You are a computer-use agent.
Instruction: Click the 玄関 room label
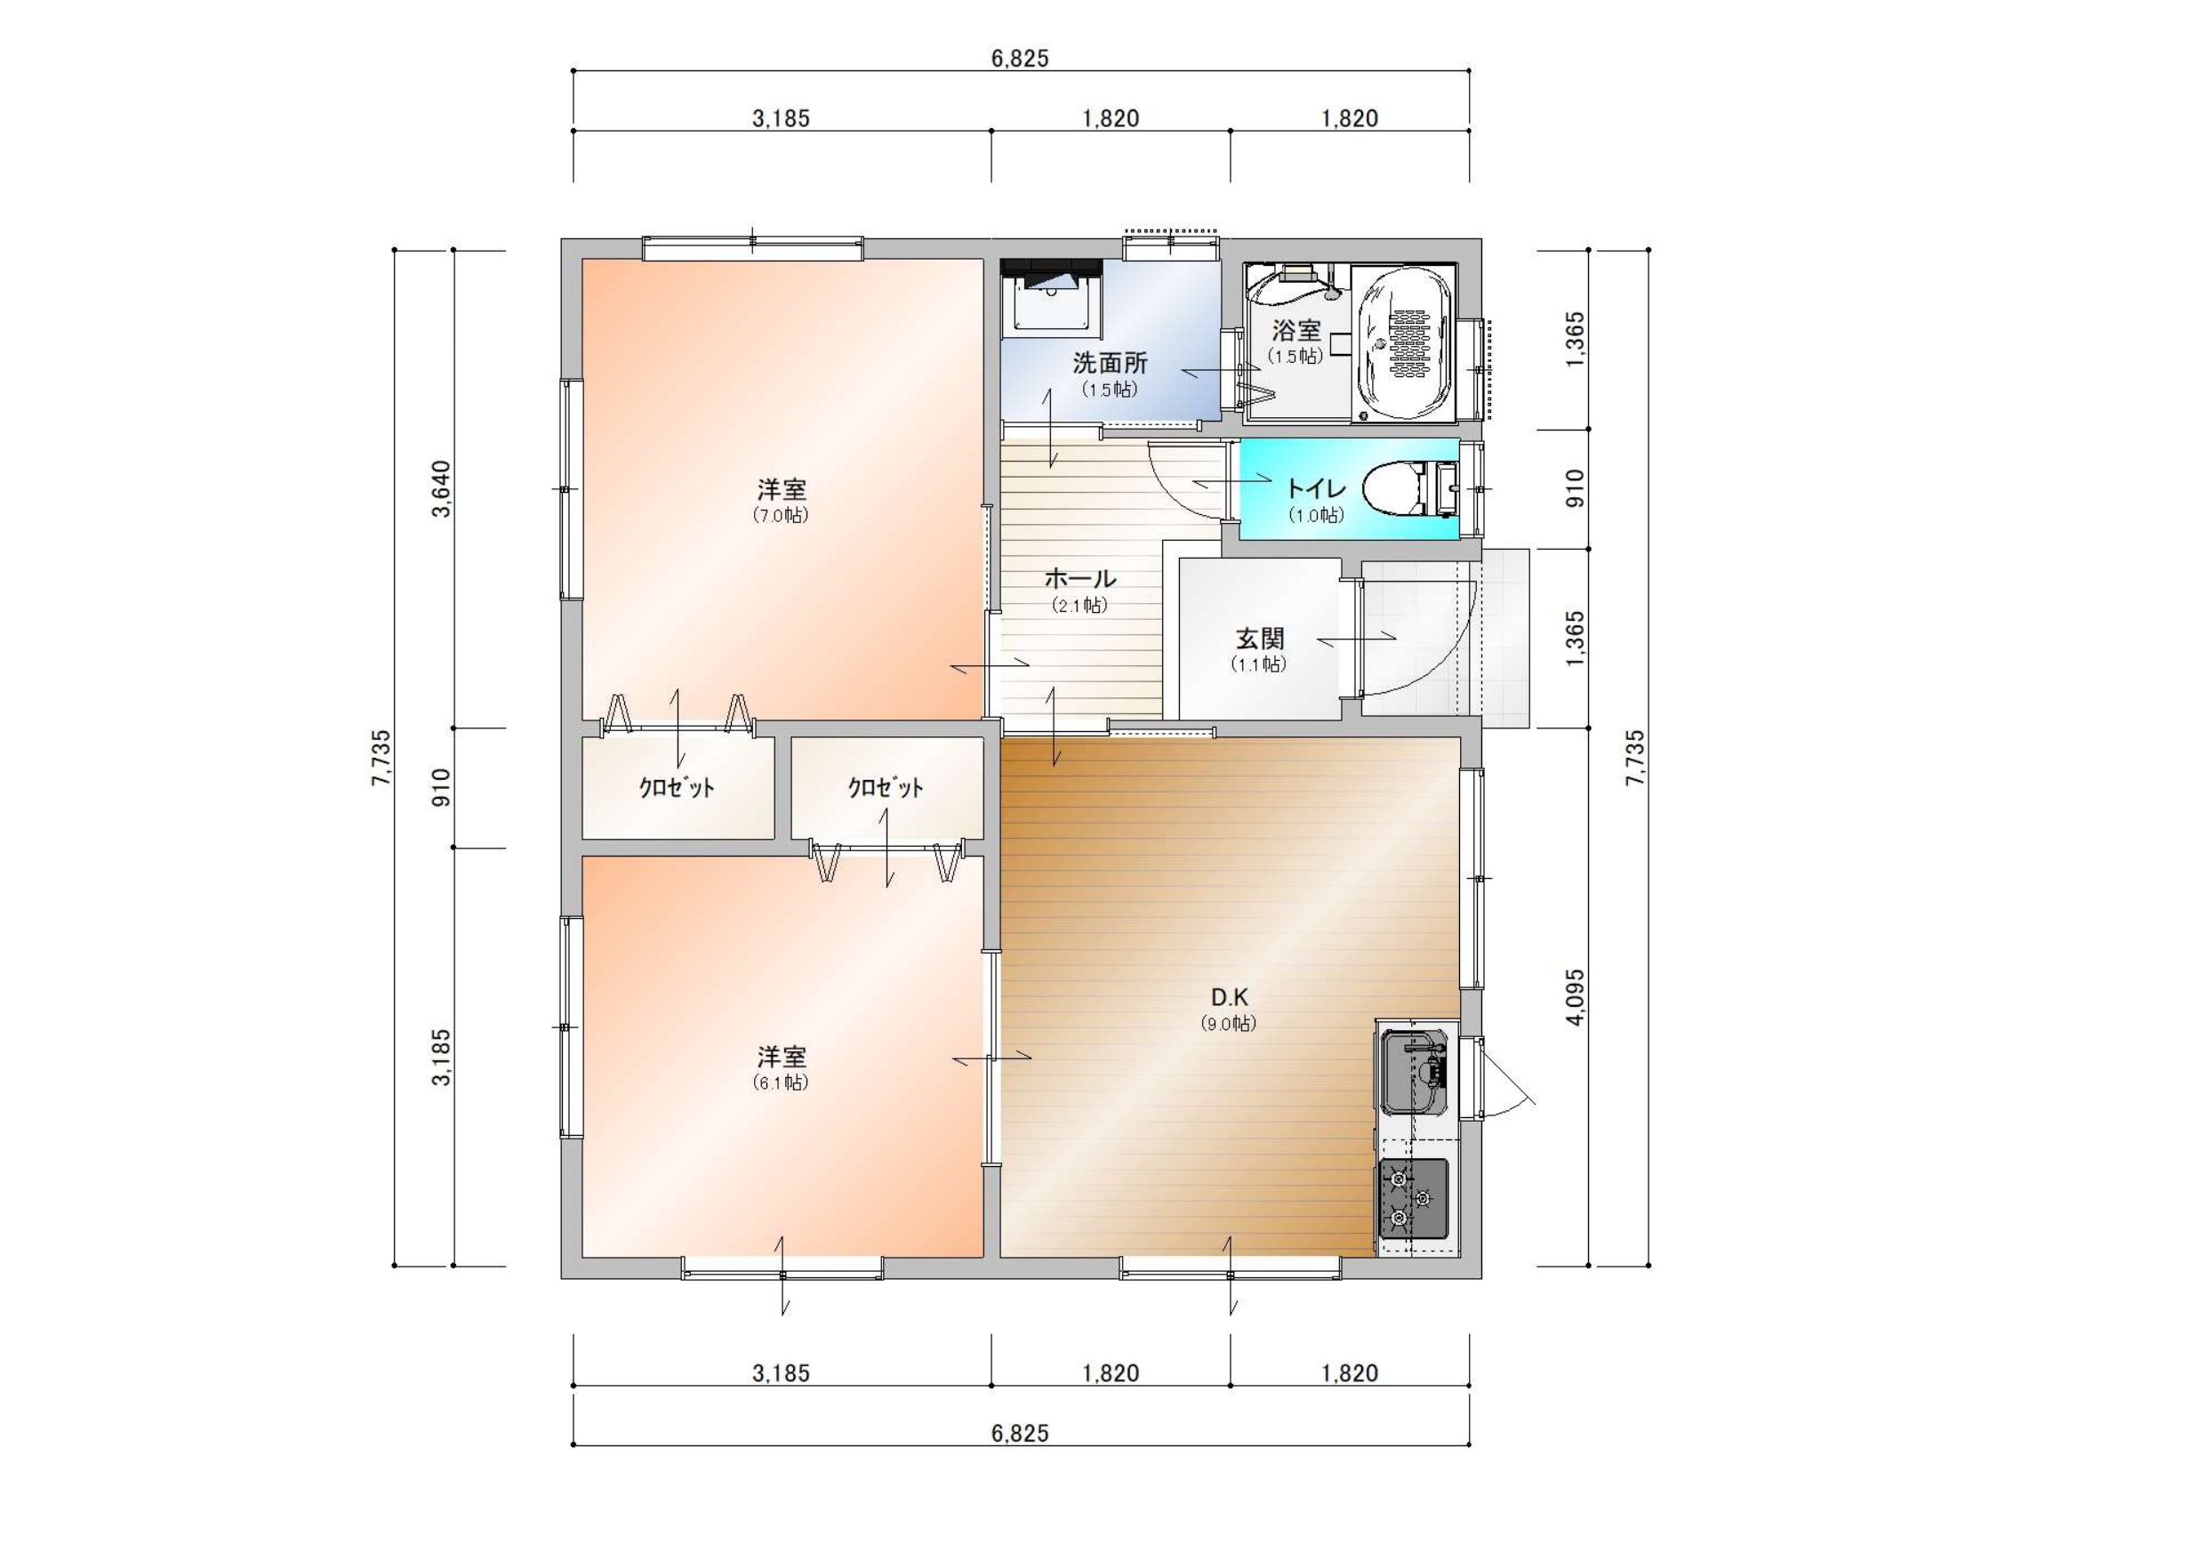(1259, 639)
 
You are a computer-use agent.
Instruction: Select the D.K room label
(1229, 997)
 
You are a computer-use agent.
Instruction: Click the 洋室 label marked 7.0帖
(782, 489)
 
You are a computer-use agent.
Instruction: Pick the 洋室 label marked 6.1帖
(782, 1058)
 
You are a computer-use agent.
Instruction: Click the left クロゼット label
(678, 788)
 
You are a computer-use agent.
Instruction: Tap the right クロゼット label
(886, 788)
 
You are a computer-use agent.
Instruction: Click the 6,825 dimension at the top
(1021, 59)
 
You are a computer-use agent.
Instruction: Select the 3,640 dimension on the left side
(441, 489)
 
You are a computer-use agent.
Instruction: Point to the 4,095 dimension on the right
(1576, 997)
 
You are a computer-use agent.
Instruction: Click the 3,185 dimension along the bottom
(782, 1373)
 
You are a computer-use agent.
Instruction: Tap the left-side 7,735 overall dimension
(381, 758)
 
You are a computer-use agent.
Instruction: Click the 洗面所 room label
(1110, 363)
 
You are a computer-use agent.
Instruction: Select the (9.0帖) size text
(1229, 1025)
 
